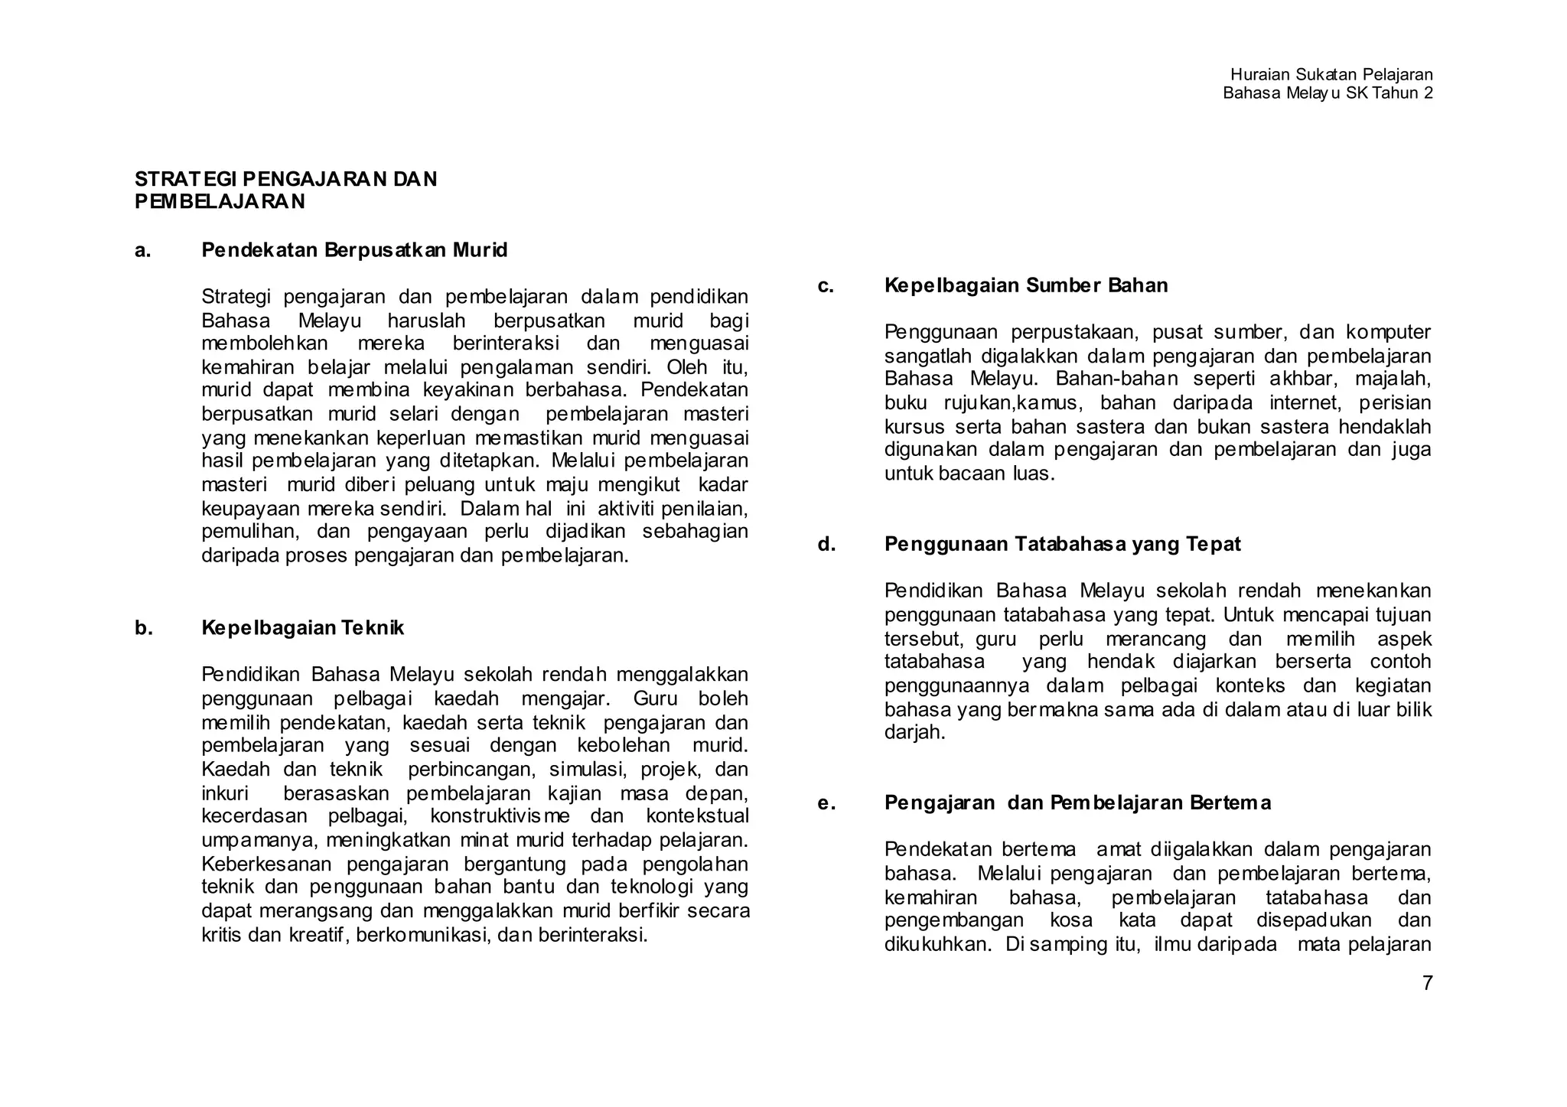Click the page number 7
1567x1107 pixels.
click(x=1427, y=984)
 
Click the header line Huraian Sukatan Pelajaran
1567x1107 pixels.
click(x=1331, y=74)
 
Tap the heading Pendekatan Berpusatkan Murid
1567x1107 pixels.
click(x=354, y=250)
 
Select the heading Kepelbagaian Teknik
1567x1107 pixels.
click(x=302, y=628)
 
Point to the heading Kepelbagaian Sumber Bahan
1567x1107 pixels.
click(x=1025, y=285)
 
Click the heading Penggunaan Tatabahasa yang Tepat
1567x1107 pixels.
click(x=1062, y=544)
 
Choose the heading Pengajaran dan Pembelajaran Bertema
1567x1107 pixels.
click(x=1077, y=803)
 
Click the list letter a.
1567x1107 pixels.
click(x=142, y=250)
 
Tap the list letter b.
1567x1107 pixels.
click(x=143, y=628)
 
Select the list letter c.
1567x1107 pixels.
click(x=825, y=285)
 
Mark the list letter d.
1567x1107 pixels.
click(x=826, y=544)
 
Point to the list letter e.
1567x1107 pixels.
click(x=826, y=803)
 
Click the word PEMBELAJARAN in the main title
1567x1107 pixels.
click(x=220, y=202)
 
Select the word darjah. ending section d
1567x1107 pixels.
click(x=914, y=733)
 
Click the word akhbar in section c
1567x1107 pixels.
click(x=1305, y=379)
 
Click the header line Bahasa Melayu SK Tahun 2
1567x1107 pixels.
click(x=1327, y=93)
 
